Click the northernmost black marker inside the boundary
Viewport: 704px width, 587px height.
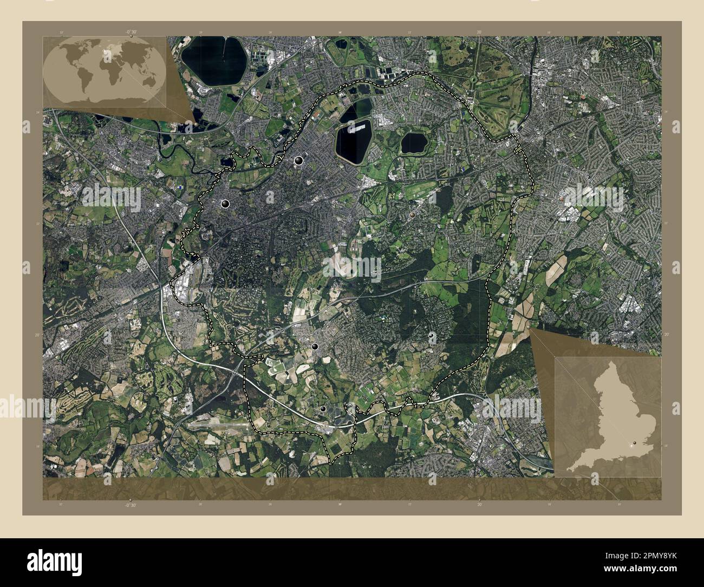[x=298, y=160]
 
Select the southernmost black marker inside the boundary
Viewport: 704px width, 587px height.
[x=323, y=409]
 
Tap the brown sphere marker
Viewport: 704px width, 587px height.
[x=413, y=214]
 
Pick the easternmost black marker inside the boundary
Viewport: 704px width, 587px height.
[x=432, y=336]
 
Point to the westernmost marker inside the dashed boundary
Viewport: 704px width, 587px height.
[x=225, y=204]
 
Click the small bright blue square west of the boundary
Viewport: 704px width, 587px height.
[x=179, y=187]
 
